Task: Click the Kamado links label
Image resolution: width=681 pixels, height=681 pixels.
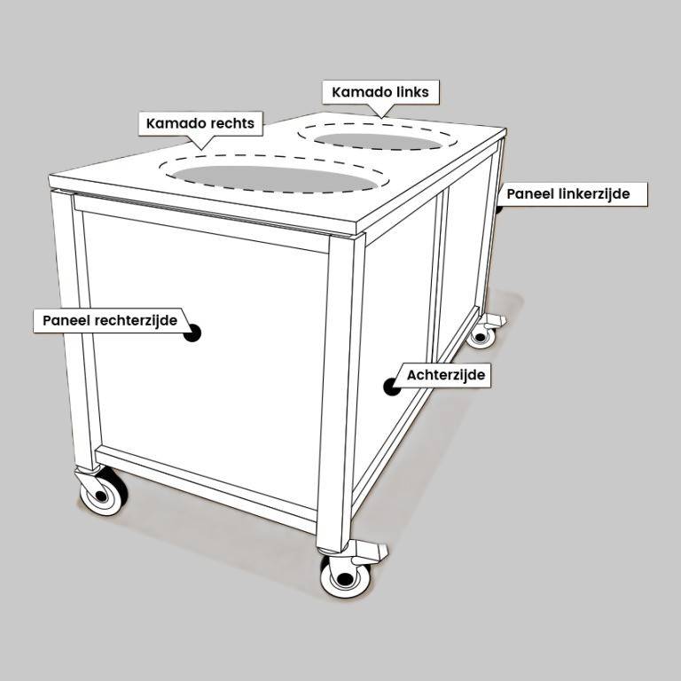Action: click(x=380, y=92)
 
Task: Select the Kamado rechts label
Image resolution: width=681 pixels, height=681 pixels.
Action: click(x=200, y=123)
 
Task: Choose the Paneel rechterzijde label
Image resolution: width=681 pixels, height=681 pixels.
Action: click(x=110, y=320)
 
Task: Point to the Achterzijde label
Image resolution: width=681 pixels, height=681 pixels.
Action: click(x=446, y=375)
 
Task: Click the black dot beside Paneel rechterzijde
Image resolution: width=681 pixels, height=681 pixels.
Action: click(x=192, y=333)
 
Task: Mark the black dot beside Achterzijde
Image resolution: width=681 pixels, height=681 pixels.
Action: click(x=392, y=387)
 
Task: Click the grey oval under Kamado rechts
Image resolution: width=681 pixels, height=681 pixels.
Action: click(x=275, y=178)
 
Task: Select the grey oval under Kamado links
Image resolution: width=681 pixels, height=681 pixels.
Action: click(x=378, y=141)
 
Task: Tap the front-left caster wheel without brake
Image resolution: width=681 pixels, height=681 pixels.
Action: click(x=104, y=493)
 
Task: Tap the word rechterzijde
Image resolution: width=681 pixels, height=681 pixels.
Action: click(x=136, y=320)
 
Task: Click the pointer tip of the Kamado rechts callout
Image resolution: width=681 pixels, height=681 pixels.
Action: click(x=201, y=150)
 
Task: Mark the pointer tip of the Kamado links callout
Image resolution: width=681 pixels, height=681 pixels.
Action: click(x=382, y=118)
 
